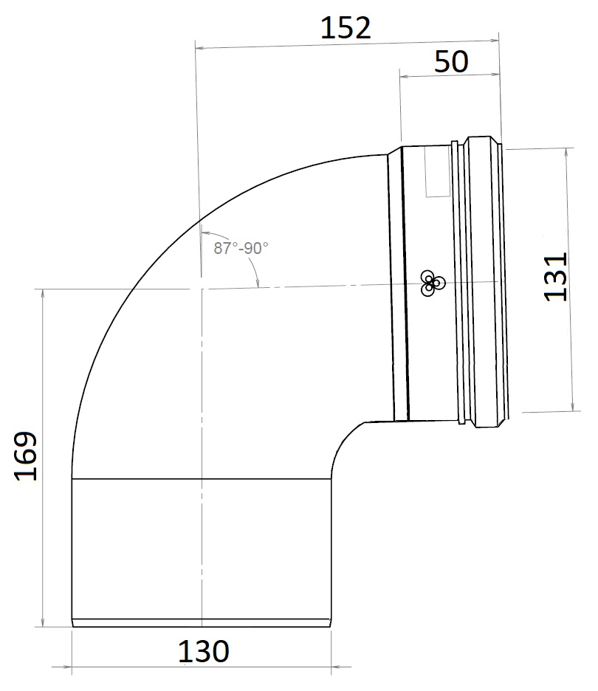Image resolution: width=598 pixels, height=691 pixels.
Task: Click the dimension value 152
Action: coord(346,28)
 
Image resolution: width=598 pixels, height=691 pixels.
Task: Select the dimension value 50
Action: coord(450,61)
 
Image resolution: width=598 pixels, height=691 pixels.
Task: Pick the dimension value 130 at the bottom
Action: coord(203,651)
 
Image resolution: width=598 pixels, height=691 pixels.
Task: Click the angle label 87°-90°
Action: coord(241,249)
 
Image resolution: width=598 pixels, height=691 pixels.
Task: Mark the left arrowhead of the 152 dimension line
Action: coord(199,48)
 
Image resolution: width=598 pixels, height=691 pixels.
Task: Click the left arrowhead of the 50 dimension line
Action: coord(403,74)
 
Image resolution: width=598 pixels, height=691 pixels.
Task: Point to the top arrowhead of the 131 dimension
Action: coord(568,153)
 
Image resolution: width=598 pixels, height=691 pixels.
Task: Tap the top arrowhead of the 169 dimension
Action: coord(43,294)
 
